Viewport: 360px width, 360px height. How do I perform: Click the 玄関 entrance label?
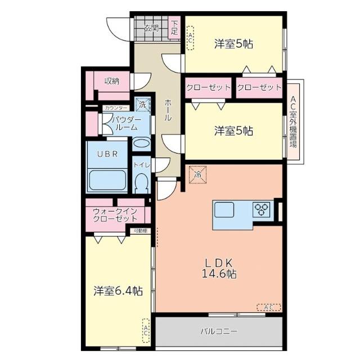(x=150, y=28)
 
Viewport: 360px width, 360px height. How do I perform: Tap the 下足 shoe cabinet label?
(x=174, y=28)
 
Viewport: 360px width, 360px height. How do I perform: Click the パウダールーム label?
(x=124, y=124)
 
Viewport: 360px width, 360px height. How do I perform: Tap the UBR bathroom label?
(x=106, y=154)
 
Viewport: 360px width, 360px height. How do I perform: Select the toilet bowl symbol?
(x=141, y=182)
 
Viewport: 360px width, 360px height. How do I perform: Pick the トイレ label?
(x=141, y=164)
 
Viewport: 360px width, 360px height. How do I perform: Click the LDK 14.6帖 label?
(x=219, y=268)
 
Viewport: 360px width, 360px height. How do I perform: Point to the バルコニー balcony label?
(x=219, y=331)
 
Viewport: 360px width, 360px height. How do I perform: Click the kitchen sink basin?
(x=224, y=210)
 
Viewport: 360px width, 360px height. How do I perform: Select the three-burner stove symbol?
(x=262, y=210)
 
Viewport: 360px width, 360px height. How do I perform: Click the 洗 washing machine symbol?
(x=143, y=105)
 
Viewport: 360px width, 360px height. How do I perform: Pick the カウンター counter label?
(x=116, y=107)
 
